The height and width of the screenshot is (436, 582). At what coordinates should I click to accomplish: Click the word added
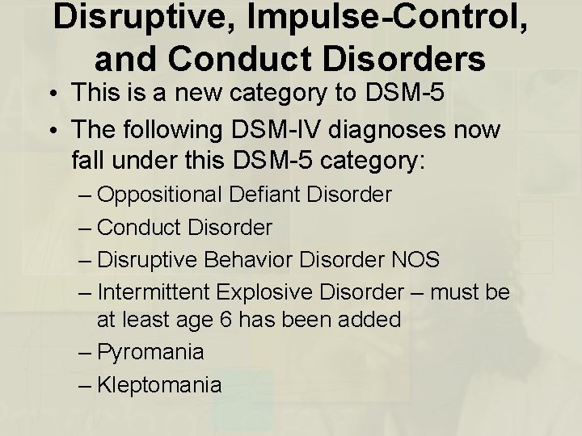point(367,320)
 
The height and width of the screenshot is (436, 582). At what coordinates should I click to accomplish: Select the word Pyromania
point(150,353)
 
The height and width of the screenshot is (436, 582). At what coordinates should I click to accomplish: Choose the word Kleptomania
point(158,384)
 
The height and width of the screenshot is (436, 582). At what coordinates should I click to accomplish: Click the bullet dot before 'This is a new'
point(50,93)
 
